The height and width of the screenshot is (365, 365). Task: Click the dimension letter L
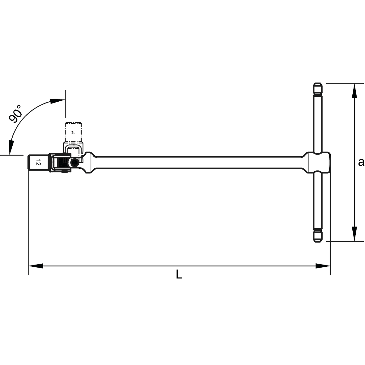tap(179, 274)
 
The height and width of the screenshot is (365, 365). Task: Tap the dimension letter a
tap(361, 162)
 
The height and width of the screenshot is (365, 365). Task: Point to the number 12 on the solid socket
tap(38, 163)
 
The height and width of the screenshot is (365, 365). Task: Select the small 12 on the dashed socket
tap(72, 132)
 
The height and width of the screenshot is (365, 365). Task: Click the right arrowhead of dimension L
tap(323, 266)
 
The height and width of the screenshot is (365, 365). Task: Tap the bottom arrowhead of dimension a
tap(354, 234)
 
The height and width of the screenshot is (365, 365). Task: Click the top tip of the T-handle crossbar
tap(317, 83)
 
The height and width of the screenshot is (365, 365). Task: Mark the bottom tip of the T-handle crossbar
tap(317, 242)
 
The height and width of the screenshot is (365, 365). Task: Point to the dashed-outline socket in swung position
tap(73, 133)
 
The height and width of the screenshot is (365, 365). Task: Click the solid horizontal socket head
tap(38, 163)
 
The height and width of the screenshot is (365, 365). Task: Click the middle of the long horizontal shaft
tap(199, 162)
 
